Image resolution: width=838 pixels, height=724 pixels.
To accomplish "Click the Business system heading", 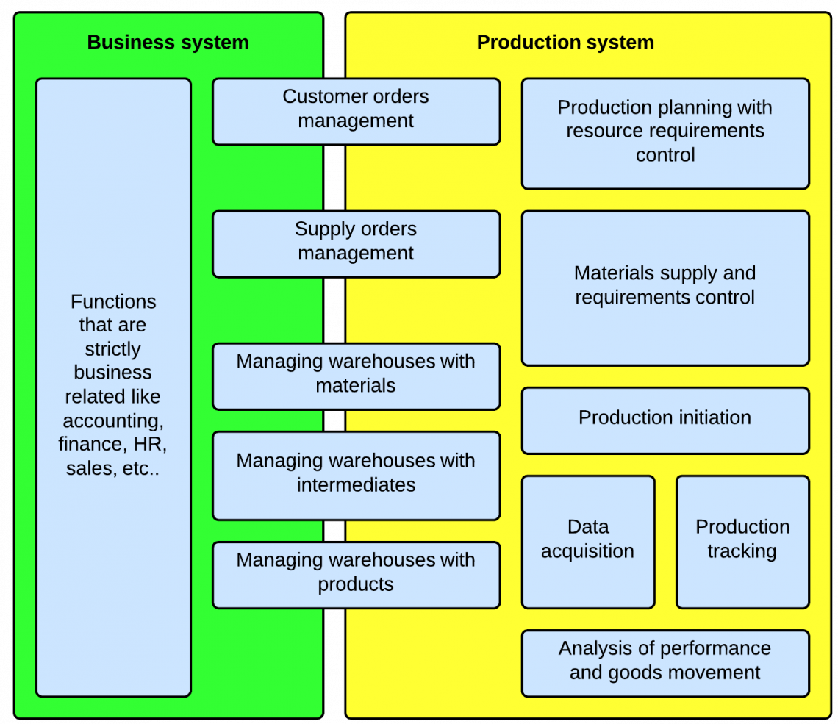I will coord(168,43).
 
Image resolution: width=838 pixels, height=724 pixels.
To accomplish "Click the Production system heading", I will coord(565,43).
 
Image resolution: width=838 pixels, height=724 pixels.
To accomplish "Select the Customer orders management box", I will coord(356,111).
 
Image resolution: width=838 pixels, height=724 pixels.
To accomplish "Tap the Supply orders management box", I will coord(356,243).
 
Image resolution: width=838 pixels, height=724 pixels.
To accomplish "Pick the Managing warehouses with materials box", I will coord(356,376).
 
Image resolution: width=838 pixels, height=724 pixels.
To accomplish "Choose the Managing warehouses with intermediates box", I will coord(356,475).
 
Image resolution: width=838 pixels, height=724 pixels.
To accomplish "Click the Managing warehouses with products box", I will coord(356,574).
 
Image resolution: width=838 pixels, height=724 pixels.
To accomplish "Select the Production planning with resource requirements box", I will coord(665,133).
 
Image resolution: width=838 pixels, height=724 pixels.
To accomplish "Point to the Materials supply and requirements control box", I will coord(665,287).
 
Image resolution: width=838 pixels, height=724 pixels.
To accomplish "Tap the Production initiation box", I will coord(665,420).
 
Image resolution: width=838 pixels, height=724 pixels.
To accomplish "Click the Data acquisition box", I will coord(588,541).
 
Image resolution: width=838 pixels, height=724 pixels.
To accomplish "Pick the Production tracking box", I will coord(742,541).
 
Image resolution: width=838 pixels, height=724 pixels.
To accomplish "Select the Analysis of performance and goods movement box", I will coord(665,662).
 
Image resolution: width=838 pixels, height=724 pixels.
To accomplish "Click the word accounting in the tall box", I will coord(112,421).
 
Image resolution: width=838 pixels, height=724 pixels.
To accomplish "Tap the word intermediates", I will coord(356,486).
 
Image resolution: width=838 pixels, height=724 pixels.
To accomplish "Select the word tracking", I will coord(742,552).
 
